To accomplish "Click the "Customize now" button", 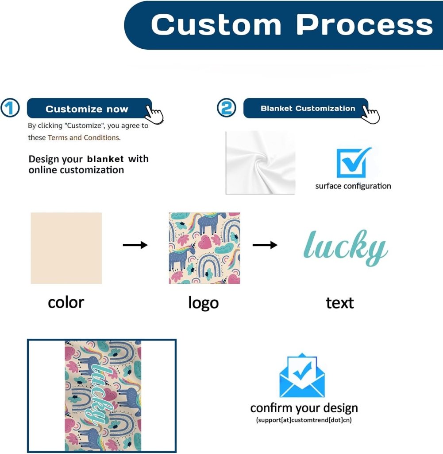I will point(87,109).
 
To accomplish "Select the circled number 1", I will point(10,108).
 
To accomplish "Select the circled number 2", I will point(226,108).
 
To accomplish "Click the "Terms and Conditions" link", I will point(83,137).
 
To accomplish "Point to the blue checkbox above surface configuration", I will point(353,163).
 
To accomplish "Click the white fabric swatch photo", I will point(260,162).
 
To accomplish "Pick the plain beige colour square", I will point(66,248).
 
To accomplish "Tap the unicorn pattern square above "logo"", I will point(204,248).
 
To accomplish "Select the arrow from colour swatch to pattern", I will point(135,245).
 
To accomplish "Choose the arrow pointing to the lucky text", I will point(265,245).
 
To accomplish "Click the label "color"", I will point(66,302).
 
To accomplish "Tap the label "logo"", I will point(204,303).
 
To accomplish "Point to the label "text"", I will point(340,303).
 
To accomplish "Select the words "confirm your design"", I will point(304,408).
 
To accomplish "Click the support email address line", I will point(304,420).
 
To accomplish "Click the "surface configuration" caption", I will point(353,186).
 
